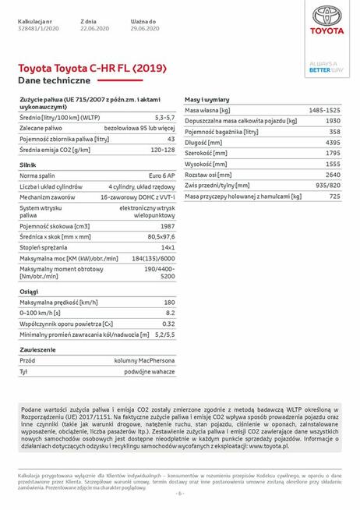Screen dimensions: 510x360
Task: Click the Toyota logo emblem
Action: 326,16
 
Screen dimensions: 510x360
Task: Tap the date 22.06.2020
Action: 94,27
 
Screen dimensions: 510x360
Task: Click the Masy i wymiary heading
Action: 206,101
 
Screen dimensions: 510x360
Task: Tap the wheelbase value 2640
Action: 333,175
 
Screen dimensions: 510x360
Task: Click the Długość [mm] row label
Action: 206,143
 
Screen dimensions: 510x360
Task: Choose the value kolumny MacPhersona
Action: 144,361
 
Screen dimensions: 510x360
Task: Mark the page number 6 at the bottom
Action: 179,493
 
